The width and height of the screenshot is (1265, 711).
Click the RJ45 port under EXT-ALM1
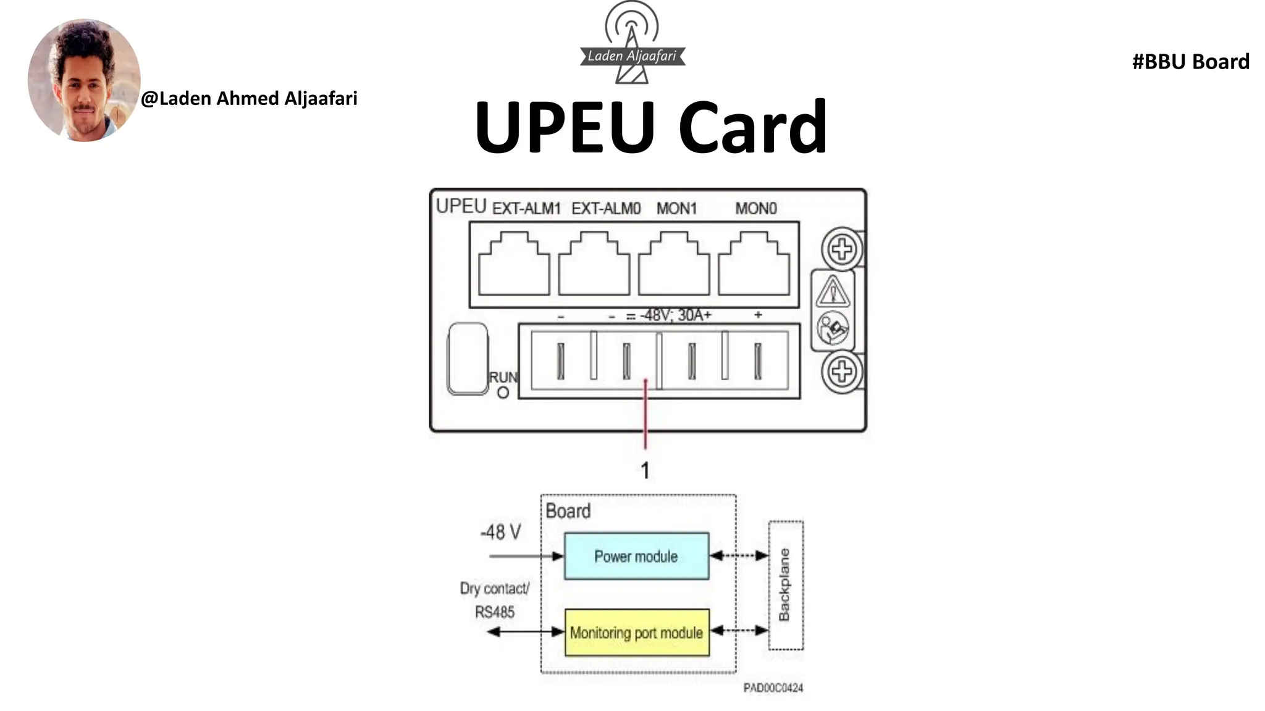click(514, 264)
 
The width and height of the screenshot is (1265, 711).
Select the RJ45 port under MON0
click(754, 264)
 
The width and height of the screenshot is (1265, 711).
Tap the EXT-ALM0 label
click(606, 209)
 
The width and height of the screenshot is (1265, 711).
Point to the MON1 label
click(676, 209)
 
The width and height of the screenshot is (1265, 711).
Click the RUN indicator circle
click(503, 393)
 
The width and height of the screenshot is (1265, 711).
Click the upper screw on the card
click(841, 250)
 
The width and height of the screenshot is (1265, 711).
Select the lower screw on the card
click(841, 372)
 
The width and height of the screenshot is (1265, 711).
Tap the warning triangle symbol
click(833, 292)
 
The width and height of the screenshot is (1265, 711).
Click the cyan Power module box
click(636, 556)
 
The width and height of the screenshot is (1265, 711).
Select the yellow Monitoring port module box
click(636, 633)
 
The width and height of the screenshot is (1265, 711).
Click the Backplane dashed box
click(785, 585)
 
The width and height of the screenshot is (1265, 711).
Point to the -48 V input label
click(500, 532)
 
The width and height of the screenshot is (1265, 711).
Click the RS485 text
click(494, 612)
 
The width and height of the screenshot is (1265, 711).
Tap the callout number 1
click(645, 471)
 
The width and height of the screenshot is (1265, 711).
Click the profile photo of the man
click(84, 80)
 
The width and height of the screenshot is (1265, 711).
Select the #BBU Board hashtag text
click(1190, 62)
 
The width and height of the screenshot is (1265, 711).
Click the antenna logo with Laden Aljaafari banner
click(632, 43)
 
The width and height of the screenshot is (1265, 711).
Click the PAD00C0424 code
click(773, 688)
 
